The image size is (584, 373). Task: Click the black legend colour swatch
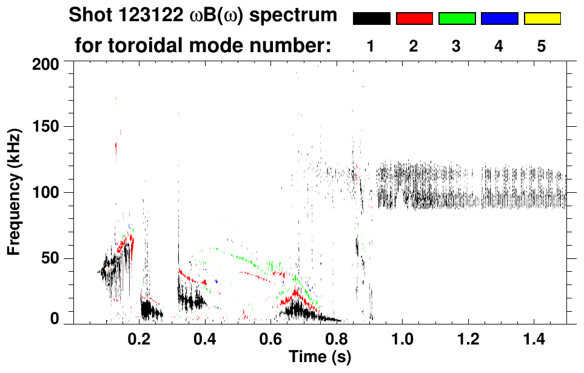click(x=371, y=19)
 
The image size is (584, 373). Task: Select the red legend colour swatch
click(x=414, y=19)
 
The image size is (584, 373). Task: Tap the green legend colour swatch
click(x=457, y=19)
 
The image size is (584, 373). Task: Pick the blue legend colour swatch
click(x=499, y=19)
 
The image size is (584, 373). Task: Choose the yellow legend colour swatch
click(x=542, y=19)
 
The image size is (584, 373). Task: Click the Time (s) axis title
click(x=320, y=357)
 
